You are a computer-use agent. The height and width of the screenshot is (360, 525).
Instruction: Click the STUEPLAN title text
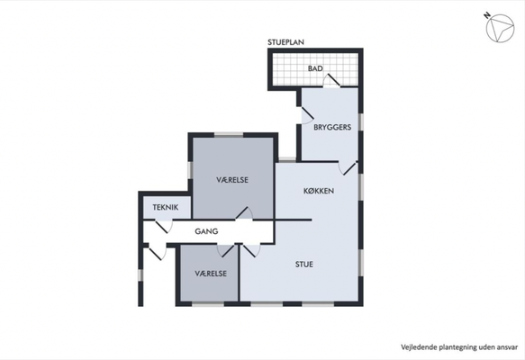[x=285, y=42]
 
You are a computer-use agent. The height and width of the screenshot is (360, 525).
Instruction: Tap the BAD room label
[x=315, y=68]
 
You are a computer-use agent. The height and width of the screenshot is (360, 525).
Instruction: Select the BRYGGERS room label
[x=332, y=127]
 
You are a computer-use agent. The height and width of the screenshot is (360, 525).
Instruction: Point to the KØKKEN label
[x=319, y=191]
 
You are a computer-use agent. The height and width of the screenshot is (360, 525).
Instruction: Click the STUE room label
[x=304, y=265]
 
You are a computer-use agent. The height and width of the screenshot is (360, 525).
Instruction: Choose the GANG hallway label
[x=206, y=231]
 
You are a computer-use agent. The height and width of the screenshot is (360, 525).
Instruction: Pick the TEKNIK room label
[x=166, y=207]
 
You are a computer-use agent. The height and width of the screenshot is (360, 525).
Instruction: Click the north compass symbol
[x=500, y=28]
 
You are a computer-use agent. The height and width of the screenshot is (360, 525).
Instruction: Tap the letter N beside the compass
[x=487, y=15]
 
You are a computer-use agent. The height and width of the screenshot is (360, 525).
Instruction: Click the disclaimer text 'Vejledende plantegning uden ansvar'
[x=459, y=347]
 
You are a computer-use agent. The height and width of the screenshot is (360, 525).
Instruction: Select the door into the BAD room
[x=331, y=81]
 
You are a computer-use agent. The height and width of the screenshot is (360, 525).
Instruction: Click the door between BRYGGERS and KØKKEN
[x=348, y=168]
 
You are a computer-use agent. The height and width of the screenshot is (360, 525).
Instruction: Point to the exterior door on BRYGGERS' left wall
[x=307, y=115]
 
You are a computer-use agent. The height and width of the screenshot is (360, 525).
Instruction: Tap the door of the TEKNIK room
[x=164, y=226]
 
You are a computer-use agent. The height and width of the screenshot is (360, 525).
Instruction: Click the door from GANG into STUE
[x=251, y=250]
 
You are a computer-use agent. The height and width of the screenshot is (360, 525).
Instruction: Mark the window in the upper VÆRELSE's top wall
[x=229, y=135]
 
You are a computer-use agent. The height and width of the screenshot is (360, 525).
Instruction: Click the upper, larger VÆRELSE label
[x=232, y=180]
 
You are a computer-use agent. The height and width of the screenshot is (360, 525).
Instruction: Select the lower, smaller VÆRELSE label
[x=211, y=274]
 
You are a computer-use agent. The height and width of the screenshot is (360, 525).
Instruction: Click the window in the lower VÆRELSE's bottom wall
[x=208, y=304]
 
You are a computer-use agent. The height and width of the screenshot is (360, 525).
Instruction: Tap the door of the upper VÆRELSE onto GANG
[x=244, y=213]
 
